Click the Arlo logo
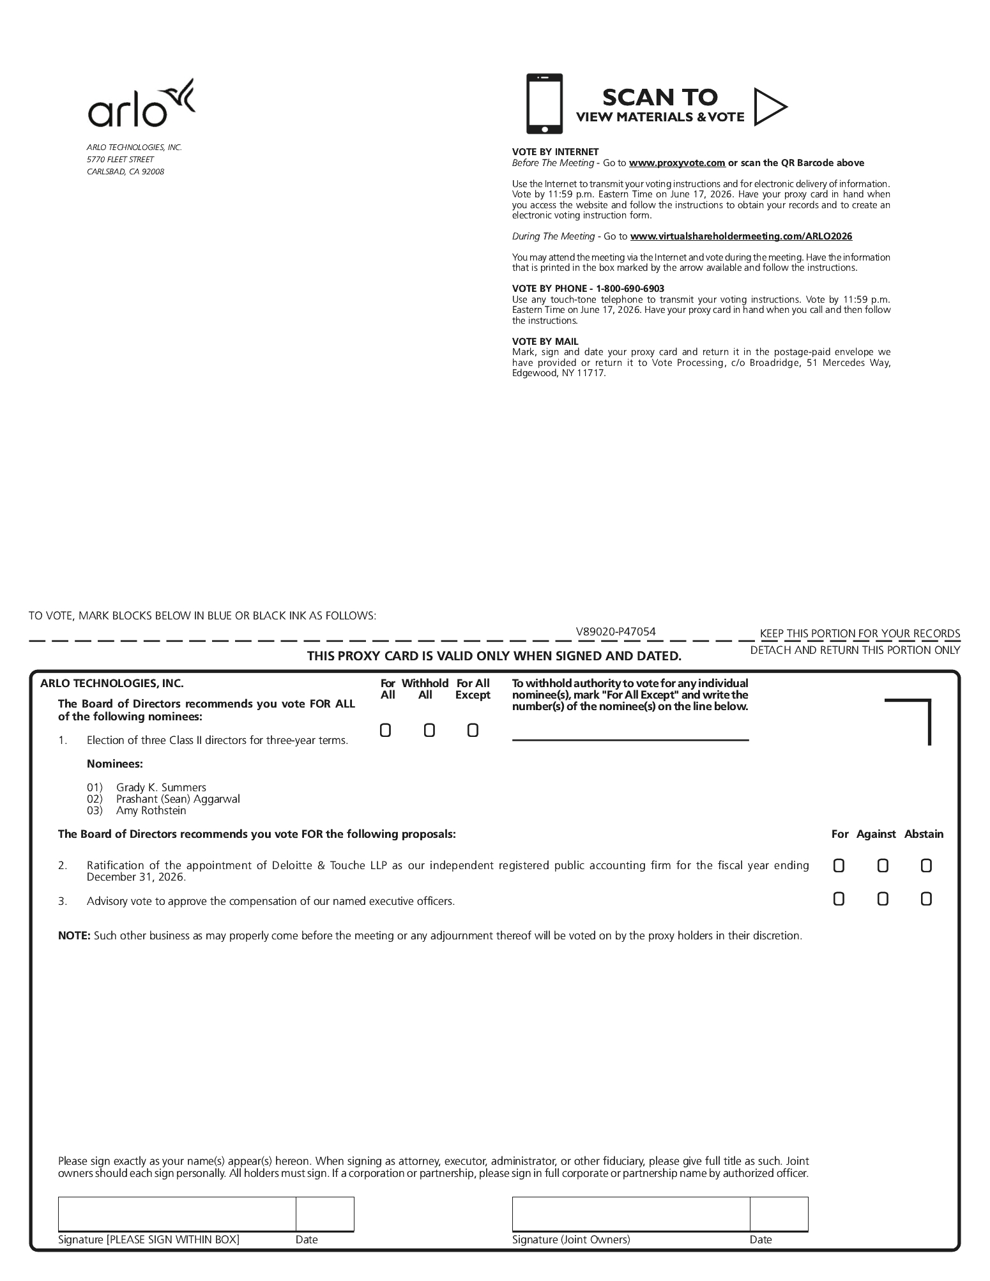coord(141,104)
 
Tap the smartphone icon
coord(544,103)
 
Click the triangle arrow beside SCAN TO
coord(768,107)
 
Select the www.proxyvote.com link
coord(676,163)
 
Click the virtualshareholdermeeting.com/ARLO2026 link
coord(741,236)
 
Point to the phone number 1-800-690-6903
coord(630,289)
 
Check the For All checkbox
coord(385,730)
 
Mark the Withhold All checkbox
coord(429,730)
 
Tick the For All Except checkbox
coord(473,730)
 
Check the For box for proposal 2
coord(839,866)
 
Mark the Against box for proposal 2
coord(883,866)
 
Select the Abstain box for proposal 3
coord(926,899)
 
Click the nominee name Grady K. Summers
coord(161,787)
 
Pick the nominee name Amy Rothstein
coord(151,810)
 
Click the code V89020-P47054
coord(616,632)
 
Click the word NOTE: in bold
coord(74,936)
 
